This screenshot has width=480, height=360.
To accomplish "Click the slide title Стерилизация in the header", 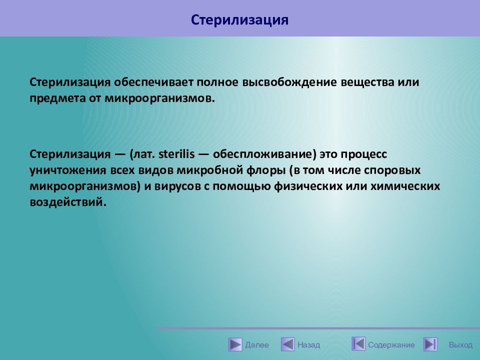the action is click(x=239, y=20).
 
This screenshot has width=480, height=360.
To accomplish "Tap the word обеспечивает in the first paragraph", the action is click(x=154, y=82).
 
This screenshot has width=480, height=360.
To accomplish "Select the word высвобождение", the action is click(x=289, y=82).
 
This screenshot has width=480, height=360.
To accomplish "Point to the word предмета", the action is click(x=57, y=98).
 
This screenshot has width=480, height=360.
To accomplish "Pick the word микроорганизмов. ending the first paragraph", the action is click(x=160, y=98).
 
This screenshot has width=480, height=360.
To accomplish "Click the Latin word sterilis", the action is click(x=176, y=153).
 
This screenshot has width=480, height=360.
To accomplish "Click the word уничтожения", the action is click(x=68, y=170).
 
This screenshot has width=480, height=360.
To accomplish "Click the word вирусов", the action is click(x=177, y=186).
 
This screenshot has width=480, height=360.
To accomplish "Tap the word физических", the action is click(x=308, y=186).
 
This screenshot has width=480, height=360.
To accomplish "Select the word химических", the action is click(x=405, y=186).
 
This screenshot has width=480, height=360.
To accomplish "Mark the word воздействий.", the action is click(x=68, y=202).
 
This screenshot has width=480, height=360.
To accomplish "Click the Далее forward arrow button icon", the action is click(x=235, y=344).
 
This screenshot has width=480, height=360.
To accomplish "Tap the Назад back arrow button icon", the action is click(x=288, y=344).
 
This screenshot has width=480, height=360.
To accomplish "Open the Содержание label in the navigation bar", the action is click(x=391, y=345).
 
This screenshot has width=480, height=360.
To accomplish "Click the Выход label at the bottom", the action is click(x=460, y=345).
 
